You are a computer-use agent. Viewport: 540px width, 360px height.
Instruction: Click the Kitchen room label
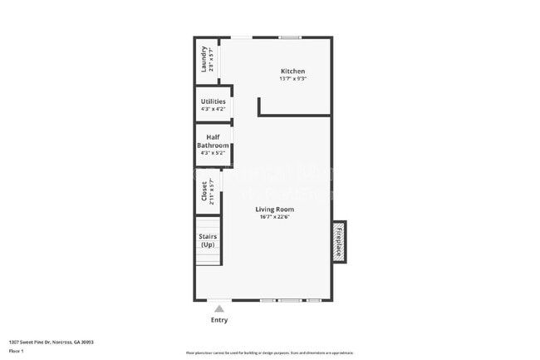coord(292,72)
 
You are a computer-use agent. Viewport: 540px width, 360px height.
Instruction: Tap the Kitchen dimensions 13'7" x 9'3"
coord(292,80)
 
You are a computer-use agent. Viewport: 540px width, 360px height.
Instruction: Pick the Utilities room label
coord(213,101)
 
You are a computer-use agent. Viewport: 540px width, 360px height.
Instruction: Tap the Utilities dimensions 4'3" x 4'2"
coord(213,109)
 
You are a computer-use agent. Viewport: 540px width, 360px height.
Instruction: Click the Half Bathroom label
coord(213,141)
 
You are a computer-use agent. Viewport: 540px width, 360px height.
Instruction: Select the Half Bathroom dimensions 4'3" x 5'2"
coord(213,153)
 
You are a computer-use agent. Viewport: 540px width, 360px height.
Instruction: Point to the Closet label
coord(204,192)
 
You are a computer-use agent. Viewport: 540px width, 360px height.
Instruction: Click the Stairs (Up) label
coord(208,240)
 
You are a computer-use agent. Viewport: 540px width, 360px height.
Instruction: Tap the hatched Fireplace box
coord(339,242)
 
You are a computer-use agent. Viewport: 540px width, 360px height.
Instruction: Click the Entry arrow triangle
coord(219,308)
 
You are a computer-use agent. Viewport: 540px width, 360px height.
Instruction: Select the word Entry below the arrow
coord(219,320)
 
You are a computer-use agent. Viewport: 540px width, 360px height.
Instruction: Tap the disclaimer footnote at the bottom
coord(270,353)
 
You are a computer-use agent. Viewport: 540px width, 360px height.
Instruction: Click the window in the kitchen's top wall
coord(290,37)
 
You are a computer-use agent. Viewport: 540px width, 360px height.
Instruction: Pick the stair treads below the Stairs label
coord(209,257)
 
